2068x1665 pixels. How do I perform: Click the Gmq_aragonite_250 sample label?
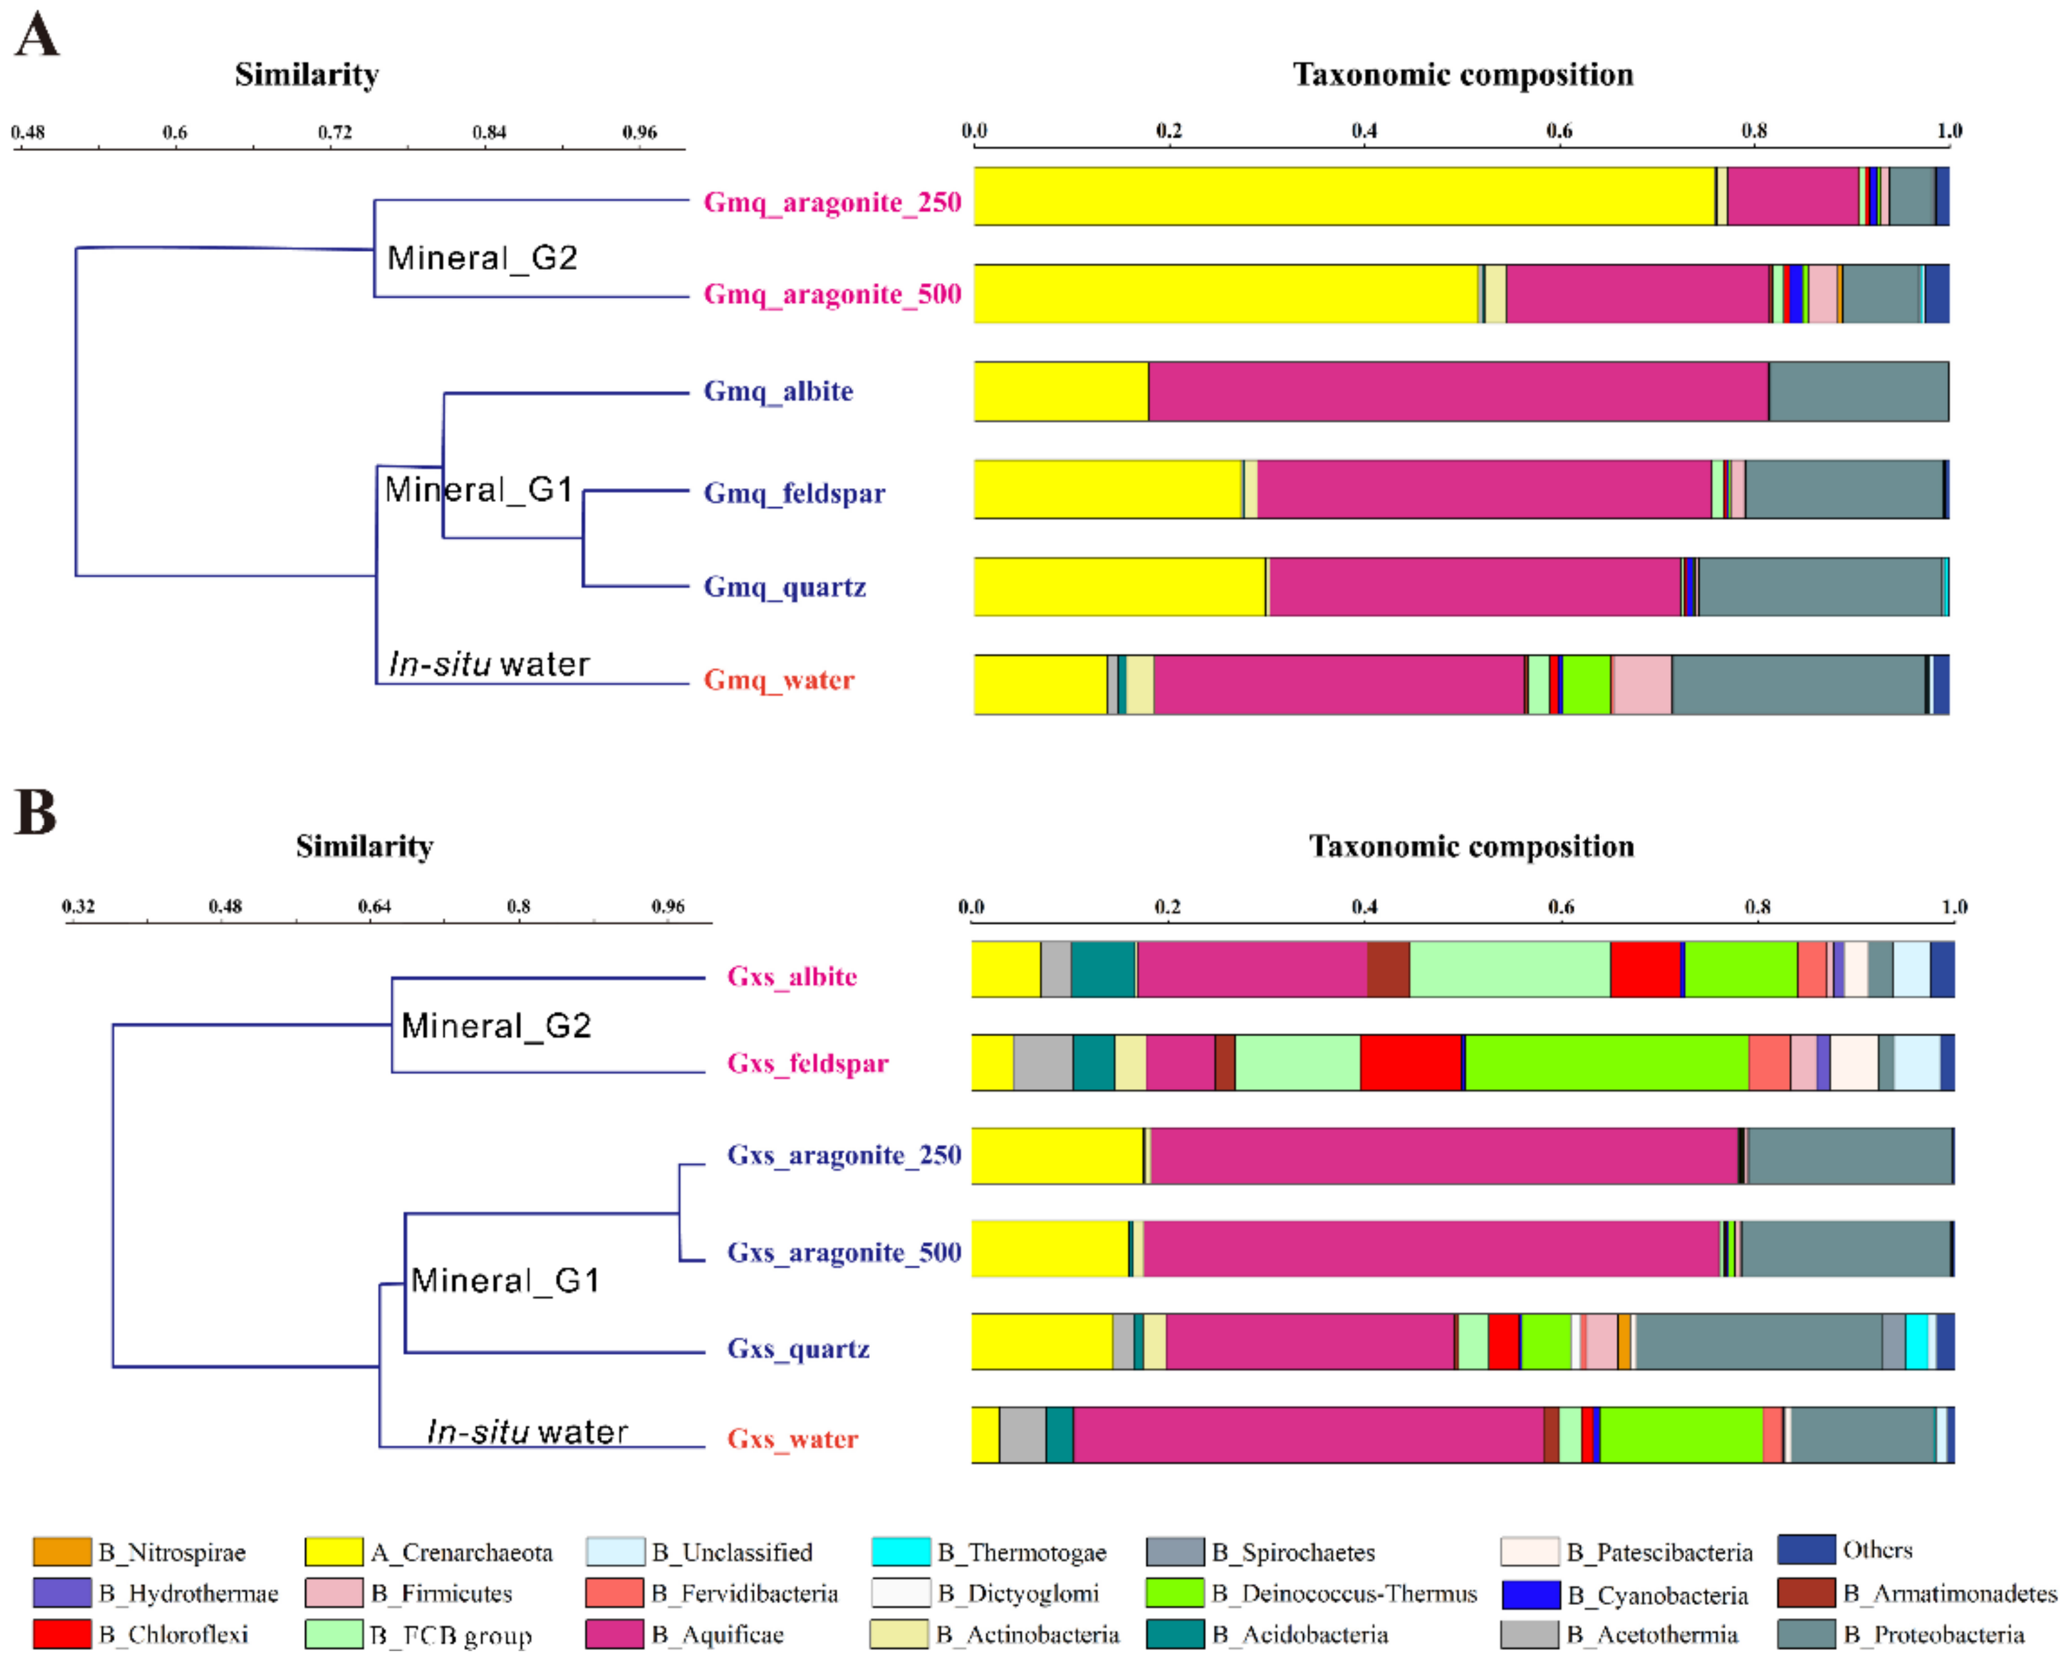tap(832, 203)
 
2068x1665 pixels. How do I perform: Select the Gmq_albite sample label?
tap(778, 392)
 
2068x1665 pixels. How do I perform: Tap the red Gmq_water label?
tap(778, 680)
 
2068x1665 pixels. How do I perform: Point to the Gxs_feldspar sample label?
tap(808, 1063)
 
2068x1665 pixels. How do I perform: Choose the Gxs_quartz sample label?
tap(798, 1349)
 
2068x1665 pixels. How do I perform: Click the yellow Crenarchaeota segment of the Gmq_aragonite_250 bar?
tap(1343, 197)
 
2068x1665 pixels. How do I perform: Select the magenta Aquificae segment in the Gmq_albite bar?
tap(1458, 392)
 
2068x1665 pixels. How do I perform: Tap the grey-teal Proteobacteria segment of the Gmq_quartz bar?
tap(1819, 586)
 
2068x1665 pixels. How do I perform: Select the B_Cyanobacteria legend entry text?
tap(1657, 1595)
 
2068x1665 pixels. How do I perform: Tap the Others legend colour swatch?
tap(1806, 1550)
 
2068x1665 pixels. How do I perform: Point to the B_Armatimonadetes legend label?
tap(1949, 1594)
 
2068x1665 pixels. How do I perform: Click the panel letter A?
tap(36, 36)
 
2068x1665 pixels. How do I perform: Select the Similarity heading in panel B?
tap(365, 846)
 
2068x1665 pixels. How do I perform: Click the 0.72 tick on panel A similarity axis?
tap(335, 133)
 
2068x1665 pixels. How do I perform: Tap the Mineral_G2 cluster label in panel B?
tap(496, 1026)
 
